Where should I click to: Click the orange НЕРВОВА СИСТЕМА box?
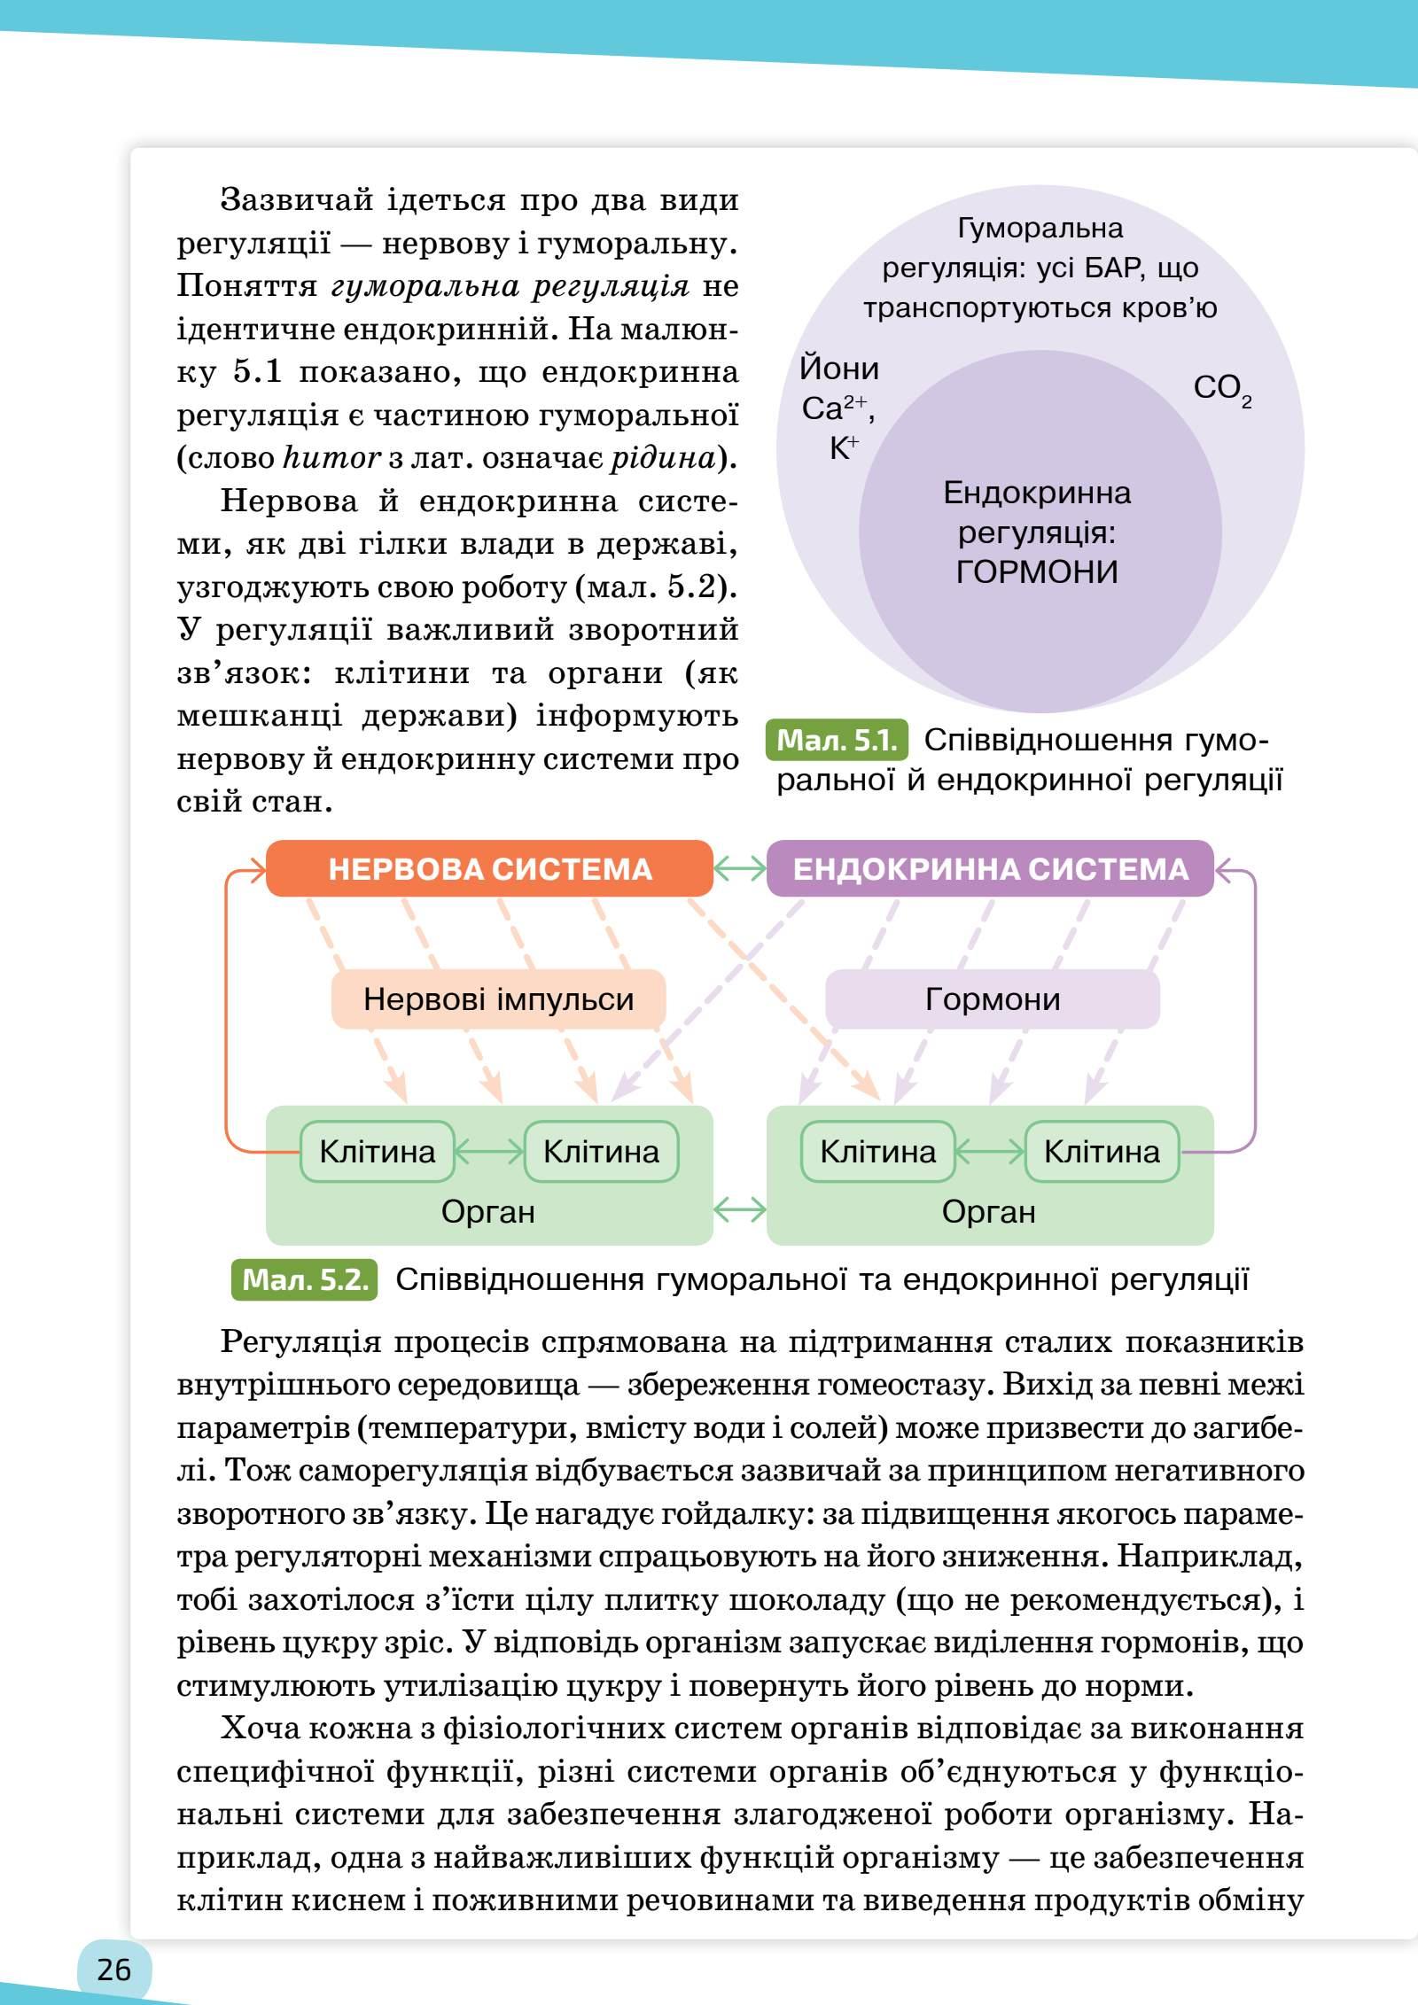489,869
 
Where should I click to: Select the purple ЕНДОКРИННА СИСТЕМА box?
990,869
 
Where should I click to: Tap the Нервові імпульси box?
498,999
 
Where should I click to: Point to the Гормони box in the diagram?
993,999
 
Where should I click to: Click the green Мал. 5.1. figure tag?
838,741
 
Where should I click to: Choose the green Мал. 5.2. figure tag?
304,1280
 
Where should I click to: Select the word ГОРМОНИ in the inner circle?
1037,572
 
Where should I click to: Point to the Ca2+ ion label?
834,408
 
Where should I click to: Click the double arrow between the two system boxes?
740,869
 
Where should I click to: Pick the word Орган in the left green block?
488,1211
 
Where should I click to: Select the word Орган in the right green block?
989,1211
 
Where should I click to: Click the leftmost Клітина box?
378,1152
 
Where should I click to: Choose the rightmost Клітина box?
1102,1152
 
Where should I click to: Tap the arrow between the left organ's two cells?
489,1152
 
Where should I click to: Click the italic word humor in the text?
331,458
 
